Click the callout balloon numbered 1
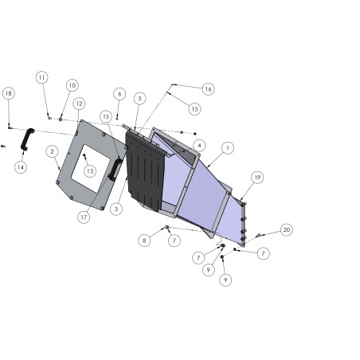228,147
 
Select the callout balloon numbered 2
52,151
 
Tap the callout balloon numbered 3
116,209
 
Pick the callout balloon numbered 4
199,145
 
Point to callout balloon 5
140,99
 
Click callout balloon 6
119,94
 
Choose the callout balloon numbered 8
144,241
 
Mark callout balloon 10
72,85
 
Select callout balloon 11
41,77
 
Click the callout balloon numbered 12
79,104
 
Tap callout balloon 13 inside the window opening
90,171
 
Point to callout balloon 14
21,167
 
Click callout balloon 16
209,89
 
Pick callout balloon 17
84,217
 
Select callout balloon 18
9,93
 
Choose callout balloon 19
257,178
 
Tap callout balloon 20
287,229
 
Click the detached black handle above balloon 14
26,139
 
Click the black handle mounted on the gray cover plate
115,170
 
